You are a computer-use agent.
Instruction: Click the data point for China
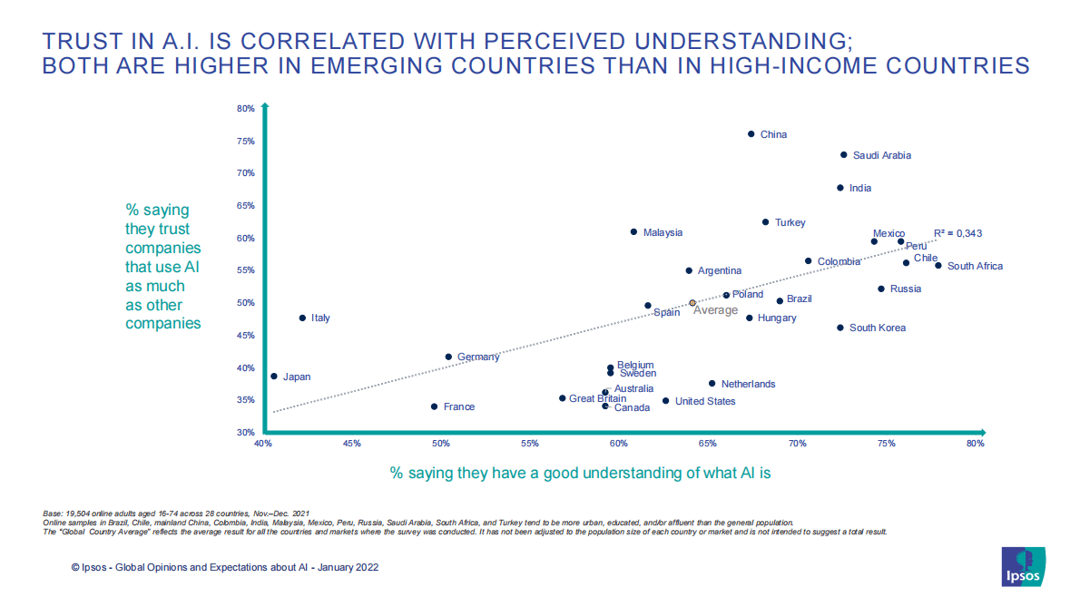751,134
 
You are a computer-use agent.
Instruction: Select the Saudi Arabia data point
843,155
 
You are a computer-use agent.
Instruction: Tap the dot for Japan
274,377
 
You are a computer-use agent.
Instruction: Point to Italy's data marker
302,318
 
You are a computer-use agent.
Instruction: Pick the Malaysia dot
633,232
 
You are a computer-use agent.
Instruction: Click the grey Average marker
692,303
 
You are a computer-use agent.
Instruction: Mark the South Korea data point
839,328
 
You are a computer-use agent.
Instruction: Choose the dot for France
434,406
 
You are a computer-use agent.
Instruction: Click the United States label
705,401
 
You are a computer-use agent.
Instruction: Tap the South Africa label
975,266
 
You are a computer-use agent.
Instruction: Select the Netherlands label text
748,384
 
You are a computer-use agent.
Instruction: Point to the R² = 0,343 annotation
957,233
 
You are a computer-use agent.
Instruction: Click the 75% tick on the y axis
245,142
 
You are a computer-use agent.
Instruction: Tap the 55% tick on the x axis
530,444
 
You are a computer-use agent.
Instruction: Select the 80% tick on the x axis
976,444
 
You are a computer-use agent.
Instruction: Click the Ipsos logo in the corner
1024,567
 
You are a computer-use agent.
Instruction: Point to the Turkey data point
765,222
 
